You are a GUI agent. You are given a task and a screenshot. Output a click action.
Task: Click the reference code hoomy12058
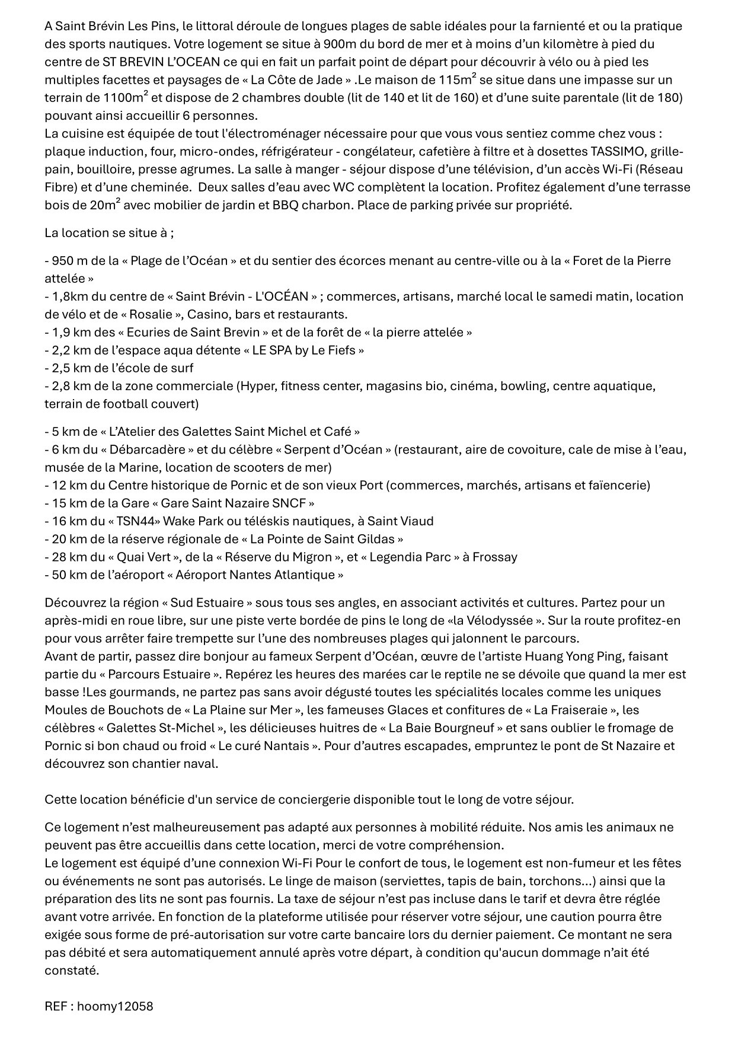coord(115,1006)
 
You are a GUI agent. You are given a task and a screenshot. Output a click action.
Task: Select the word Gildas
coord(375,539)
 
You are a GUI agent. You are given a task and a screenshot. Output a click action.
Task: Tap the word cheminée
coord(162,187)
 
